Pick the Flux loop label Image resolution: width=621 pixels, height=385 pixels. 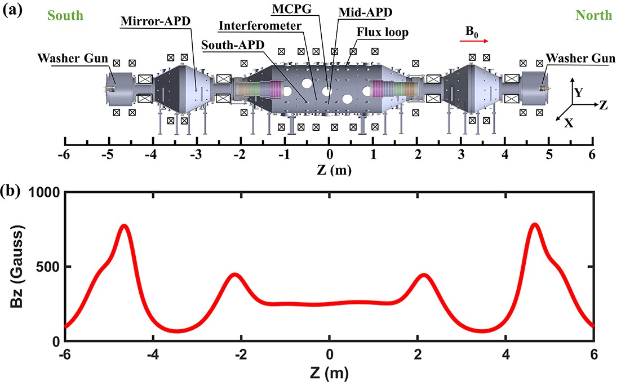pyautogui.click(x=383, y=32)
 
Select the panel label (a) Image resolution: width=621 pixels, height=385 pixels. pyautogui.click(x=12, y=10)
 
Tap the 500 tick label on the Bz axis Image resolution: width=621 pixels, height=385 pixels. pyautogui.click(x=48, y=267)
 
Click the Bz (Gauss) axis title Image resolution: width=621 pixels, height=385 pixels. pyautogui.click(x=17, y=267)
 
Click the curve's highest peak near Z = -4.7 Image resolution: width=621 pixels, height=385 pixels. pyautogui.click(x=125, y=226)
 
